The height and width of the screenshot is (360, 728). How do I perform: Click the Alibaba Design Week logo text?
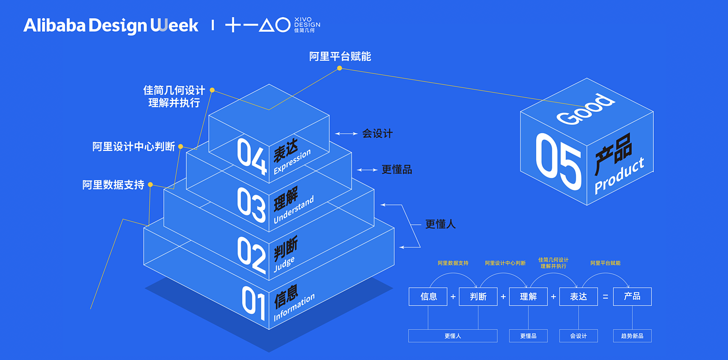coord(111,25)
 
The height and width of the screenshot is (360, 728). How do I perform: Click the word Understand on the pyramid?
coord(294,210)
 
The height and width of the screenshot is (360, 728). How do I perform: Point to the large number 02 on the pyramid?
coord(252,254)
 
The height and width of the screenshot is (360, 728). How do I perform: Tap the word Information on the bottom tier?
coord(294,307)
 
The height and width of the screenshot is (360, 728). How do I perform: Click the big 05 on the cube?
coord(558,162)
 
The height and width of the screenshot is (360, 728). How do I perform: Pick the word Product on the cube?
coord(619,176)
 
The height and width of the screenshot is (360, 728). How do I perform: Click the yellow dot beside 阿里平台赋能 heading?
coord(340,68)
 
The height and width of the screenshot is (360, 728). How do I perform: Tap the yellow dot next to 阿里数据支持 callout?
coord(150,185)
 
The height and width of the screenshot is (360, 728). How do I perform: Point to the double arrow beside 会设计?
coord(346,134)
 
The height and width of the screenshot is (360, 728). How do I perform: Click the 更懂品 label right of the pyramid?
coord(397,170)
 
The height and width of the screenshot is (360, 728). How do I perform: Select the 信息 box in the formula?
coord(428,297)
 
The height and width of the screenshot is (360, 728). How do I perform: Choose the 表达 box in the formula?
coord(578,297)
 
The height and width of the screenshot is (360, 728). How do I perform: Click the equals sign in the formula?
coord(605,297)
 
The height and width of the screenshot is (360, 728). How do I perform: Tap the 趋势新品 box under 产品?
coord(632,336)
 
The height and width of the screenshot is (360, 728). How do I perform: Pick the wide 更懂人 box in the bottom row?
coord(452,336)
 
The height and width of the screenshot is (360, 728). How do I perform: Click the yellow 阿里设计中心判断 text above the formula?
coord(505,263)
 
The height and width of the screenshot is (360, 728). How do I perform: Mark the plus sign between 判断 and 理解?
coord(503,297)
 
